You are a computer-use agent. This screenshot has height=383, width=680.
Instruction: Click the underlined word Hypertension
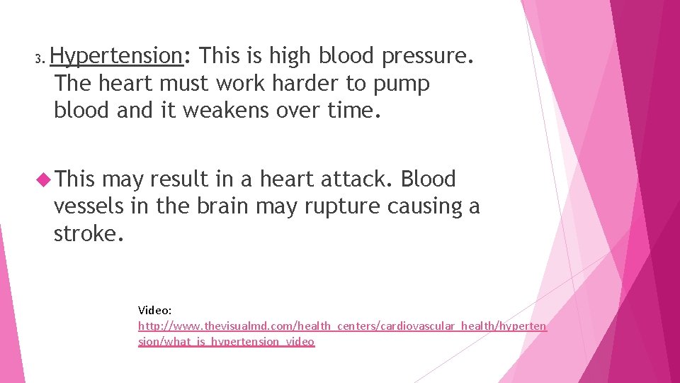point(117,55)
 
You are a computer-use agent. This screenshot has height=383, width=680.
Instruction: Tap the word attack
point(353,179)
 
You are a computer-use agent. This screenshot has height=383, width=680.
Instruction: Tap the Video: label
point(154,310)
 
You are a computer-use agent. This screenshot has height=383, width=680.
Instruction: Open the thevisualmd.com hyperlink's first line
point(342,326)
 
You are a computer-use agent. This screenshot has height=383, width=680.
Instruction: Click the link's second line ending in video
point(226,341)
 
